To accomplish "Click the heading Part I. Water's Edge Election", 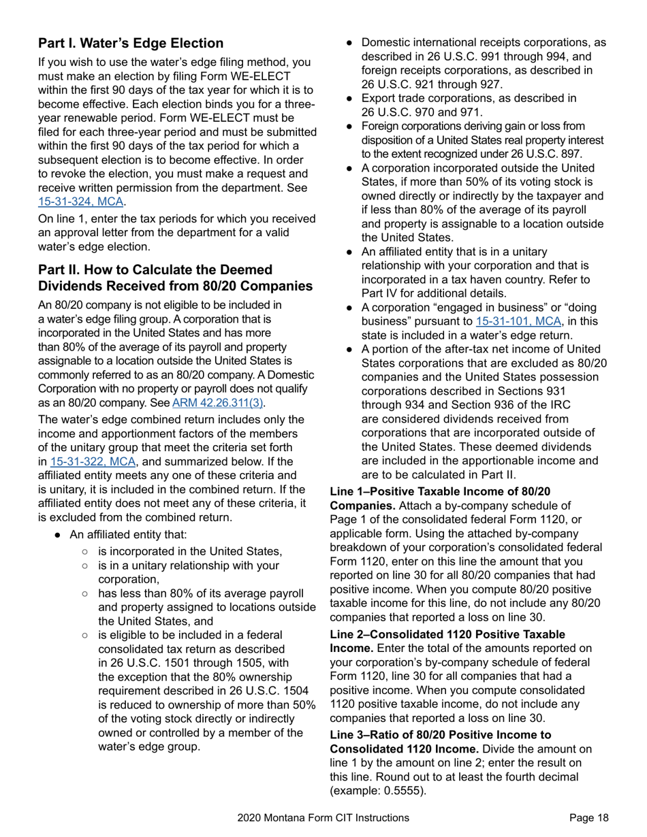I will coord(131,44).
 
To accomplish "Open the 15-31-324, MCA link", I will coord(82,201).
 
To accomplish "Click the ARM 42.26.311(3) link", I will coord(218,403).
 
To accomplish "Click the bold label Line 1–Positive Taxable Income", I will coord(440,491).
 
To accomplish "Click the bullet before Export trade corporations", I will coord(349,99).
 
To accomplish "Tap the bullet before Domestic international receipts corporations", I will coord(349,43).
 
